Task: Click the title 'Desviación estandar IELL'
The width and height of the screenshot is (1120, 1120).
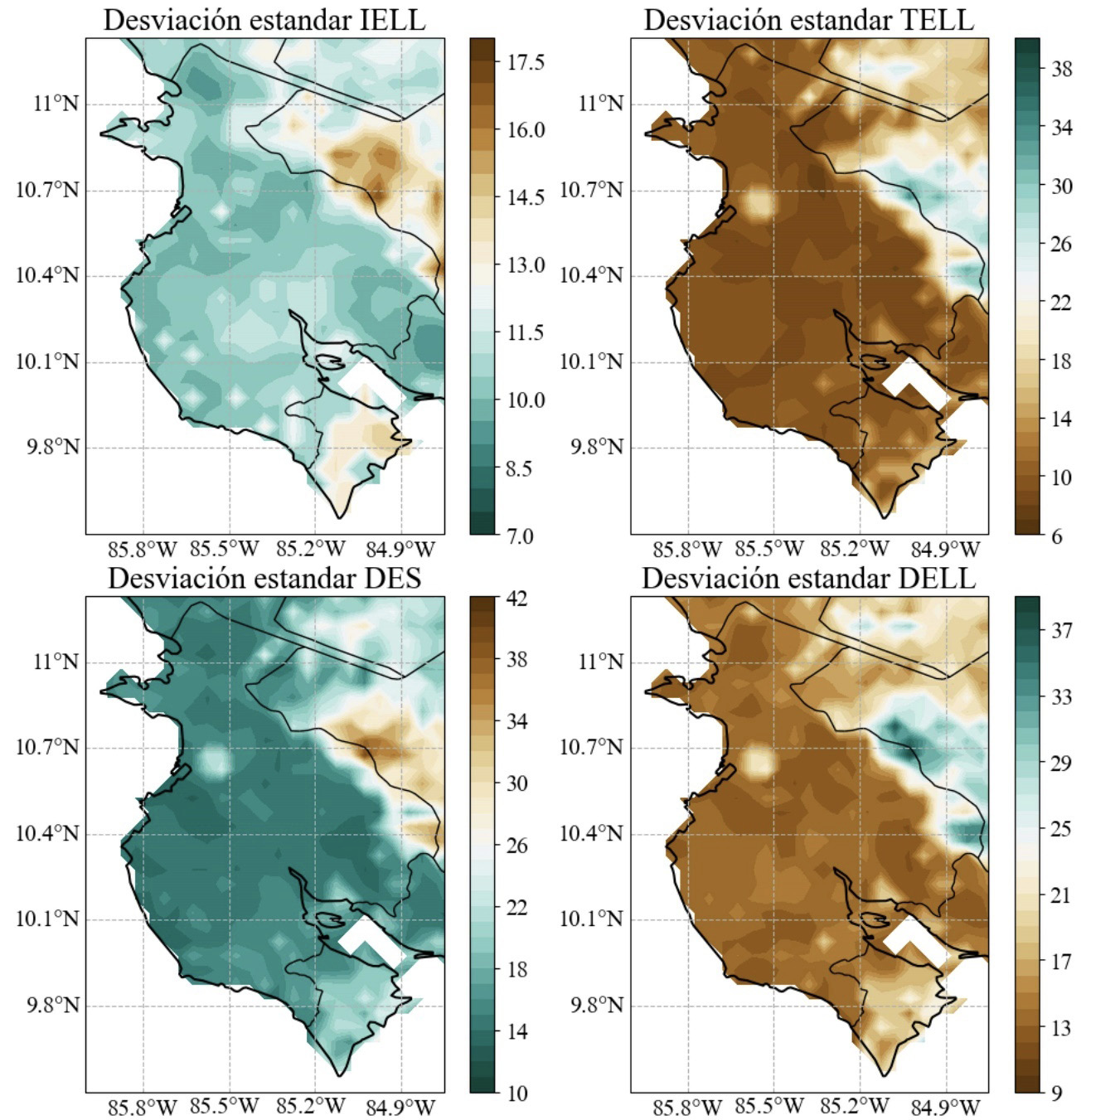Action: [264, 20]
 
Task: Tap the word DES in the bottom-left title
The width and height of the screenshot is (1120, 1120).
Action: [390, 578]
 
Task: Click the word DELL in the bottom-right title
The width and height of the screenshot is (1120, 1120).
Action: [937, 578]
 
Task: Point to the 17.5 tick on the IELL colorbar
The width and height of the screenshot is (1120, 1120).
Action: [526, 62]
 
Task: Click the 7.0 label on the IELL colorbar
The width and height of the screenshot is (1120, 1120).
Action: [519, 536]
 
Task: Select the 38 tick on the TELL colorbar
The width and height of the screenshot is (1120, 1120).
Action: [1061, 69]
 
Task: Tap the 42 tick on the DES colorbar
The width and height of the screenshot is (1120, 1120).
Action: [516, 598]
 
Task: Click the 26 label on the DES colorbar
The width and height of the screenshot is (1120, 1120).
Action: [516, 846]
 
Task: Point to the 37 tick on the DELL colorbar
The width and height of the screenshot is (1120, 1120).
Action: [1061, 631]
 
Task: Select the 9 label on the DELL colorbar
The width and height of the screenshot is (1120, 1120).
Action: [1056, 1093]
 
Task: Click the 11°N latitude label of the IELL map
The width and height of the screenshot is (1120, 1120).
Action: [56, 104]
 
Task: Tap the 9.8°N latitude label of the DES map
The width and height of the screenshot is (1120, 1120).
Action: [53, 1005]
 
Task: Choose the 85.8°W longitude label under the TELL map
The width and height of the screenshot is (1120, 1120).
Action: [687, 549]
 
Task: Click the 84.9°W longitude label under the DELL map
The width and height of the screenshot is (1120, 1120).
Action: [945, 1106]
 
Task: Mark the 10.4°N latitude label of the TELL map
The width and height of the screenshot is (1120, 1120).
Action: [591, 275]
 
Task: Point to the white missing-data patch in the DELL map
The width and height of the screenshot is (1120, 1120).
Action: [914, 940]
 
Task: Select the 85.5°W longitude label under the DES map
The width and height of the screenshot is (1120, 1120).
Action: [225, 1106]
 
